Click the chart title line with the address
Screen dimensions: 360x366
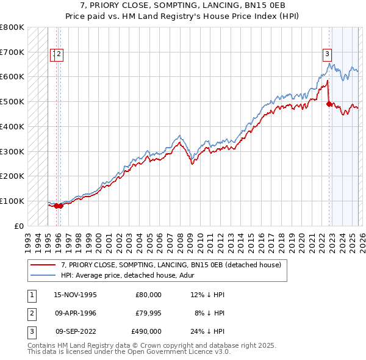pos(182,7)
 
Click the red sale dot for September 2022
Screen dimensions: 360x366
pos(329,104)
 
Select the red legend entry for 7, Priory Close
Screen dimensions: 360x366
pos(171,265)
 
